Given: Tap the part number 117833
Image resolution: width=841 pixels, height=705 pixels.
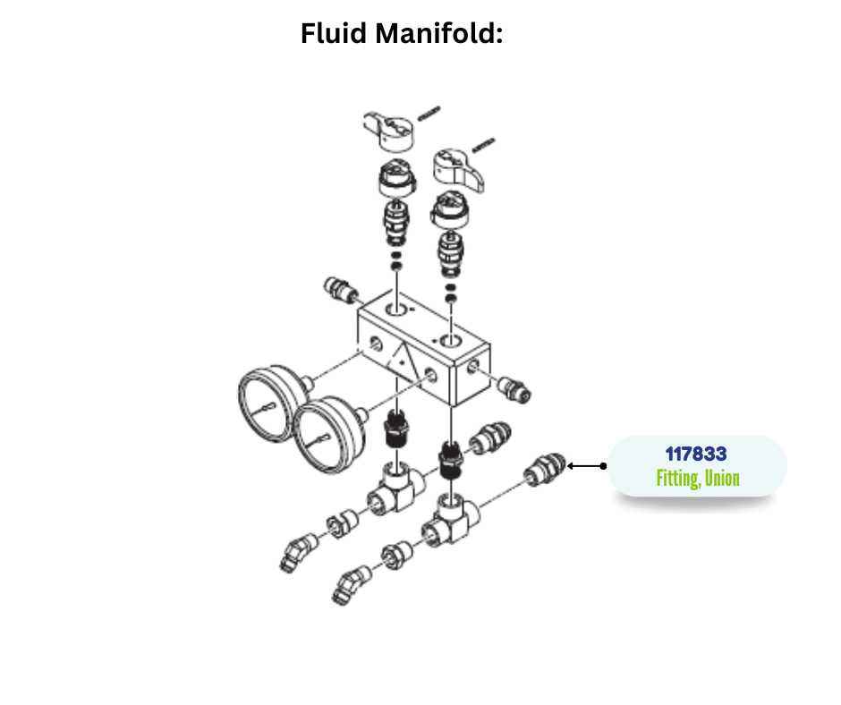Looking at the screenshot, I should (x=696, y=454).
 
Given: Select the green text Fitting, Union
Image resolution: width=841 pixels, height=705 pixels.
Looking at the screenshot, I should (x=698, y=479).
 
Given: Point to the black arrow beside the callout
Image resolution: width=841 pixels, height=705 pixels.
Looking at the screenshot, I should (x=587, y=466).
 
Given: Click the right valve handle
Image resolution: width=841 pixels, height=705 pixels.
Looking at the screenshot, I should (x=460, y=168).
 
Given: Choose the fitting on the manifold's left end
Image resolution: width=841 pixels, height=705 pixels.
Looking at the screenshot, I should (x=337, y=290).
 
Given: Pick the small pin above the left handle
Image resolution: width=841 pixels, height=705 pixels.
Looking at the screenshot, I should (x=430, y=112).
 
